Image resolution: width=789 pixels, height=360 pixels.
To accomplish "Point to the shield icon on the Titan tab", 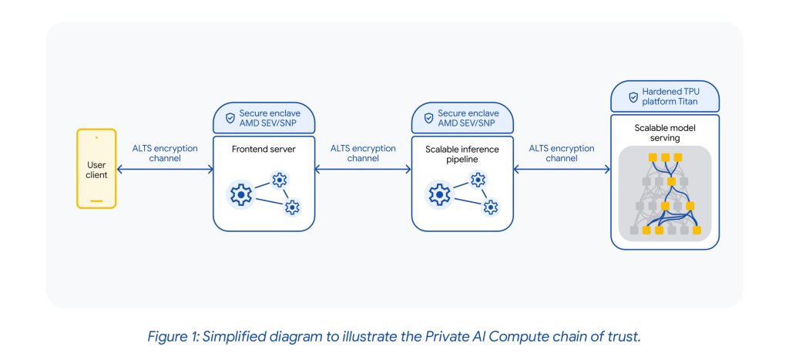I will [633, 98].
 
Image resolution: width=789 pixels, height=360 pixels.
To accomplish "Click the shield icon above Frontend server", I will [229, 119].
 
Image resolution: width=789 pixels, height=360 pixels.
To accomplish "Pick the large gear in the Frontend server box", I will [241, 196].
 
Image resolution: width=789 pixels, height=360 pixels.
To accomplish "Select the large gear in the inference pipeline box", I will [440, 196].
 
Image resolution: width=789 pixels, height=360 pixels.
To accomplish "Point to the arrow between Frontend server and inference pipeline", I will [362, 169].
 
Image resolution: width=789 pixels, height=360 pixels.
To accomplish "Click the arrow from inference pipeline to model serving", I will [561, 169].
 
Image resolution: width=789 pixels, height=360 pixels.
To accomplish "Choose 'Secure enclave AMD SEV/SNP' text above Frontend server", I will [269, 119].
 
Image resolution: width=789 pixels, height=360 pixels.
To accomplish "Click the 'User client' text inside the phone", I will [96, 169].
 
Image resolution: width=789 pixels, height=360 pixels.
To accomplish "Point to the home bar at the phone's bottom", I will [96, 202].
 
